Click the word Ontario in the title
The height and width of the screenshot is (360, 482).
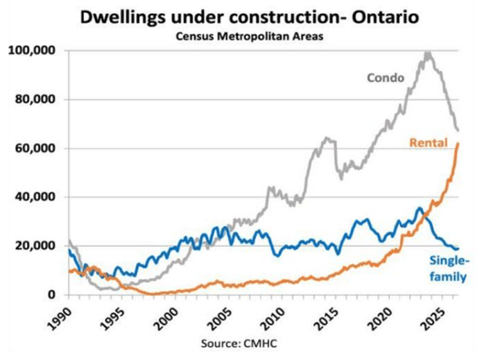click(x=385, y=17)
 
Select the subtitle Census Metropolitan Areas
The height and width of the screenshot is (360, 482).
click(x=249, y=37)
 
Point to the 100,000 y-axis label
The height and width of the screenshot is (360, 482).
click(x=32, y=51)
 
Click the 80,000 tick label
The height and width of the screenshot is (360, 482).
click(x=35, y=99)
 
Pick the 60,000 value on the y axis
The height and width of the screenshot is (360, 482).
click(x=35, y=148)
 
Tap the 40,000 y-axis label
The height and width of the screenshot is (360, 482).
click(x=35, y=197)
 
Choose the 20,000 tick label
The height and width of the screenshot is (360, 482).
click(x=35, y=246)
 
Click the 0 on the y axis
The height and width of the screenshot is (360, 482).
click(x=51, y=294)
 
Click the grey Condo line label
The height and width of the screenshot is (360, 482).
click(x=386, y=78)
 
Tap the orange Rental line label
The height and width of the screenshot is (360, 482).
click(x=429, y=143)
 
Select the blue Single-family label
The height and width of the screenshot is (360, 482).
click(x=449, y=268)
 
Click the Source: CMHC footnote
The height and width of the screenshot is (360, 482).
click(x=239, y=343)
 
